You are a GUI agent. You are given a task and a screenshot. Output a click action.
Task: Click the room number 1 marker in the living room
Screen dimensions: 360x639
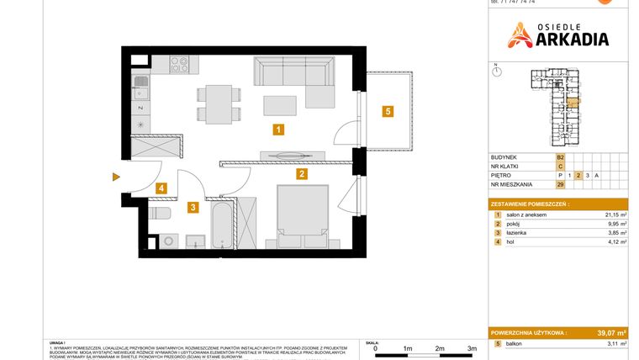point(277,130)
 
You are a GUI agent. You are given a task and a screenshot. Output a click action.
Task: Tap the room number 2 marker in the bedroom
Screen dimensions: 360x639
point(301,174)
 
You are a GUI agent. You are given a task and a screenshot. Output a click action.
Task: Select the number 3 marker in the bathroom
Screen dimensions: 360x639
point(193,206)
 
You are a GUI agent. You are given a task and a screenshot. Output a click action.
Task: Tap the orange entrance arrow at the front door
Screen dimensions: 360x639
point(116,177)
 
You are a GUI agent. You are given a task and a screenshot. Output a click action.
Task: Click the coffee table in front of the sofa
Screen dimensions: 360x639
point(279,104)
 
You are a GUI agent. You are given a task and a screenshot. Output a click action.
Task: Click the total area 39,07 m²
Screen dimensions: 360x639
point(610,333)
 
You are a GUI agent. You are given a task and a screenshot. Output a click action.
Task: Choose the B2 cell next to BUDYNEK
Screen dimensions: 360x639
point(560,157)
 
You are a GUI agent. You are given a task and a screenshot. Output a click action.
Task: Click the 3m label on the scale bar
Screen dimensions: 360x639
point(472,347)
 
